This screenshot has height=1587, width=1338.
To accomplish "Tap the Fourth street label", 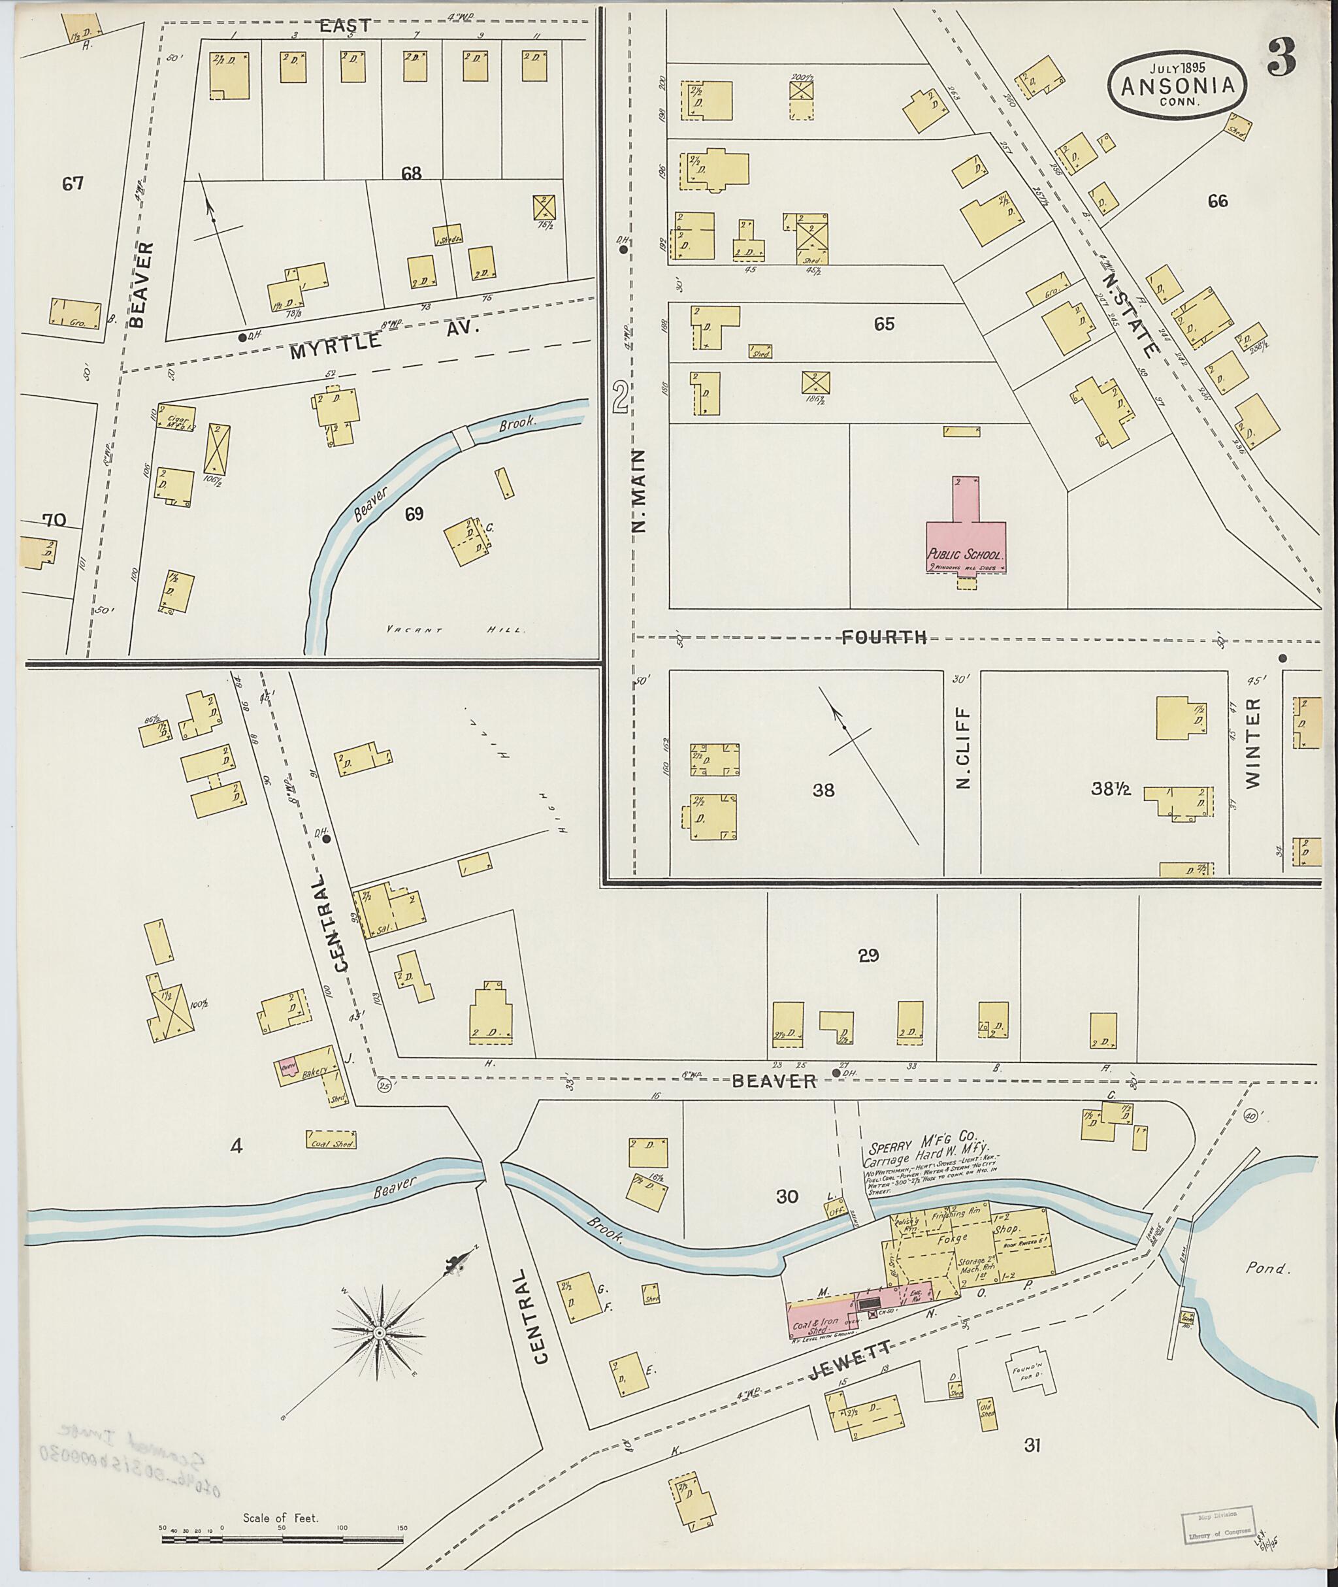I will tap(884, 638).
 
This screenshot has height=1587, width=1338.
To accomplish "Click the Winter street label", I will tap(1252, 743).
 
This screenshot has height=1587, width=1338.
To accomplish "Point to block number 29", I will tap(868, 956).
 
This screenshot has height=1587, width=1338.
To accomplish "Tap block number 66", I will tap(1217, 201).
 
